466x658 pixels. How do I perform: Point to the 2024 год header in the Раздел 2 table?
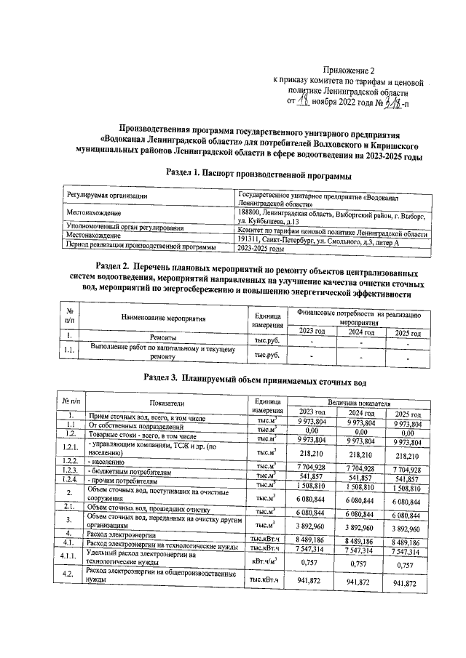360,332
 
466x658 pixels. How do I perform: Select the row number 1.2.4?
71,480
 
